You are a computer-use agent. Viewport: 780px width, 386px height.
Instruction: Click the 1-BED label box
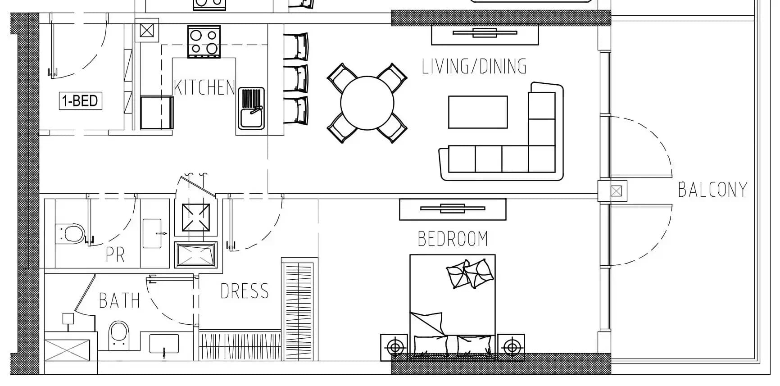[81, 100]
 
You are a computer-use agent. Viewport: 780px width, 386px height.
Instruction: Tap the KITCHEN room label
[204, 87]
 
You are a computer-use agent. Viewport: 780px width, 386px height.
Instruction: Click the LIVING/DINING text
[474, 66]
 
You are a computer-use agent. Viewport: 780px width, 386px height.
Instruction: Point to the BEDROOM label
[453, 239]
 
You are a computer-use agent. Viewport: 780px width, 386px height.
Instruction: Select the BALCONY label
[713, 190]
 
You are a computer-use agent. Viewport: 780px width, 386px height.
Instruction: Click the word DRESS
[245, 291]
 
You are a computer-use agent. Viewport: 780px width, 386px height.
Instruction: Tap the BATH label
[119, 300]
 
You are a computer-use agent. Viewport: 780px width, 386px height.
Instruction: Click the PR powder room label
[115, 254]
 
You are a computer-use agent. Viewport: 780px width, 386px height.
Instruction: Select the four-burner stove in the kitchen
[204, 42]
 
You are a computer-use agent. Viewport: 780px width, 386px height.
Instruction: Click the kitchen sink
[251, 109]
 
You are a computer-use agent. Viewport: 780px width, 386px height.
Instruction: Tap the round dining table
[367, 103]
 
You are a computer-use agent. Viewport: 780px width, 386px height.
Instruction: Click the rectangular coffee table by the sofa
[478, 112]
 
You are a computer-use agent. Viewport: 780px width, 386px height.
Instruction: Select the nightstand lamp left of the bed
[395, 347]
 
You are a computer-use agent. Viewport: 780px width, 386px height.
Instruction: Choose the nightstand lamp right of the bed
[511, 347]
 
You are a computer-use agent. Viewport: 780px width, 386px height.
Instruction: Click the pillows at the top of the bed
[470, 273]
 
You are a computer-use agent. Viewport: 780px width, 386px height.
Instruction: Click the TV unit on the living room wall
[485, 34]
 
